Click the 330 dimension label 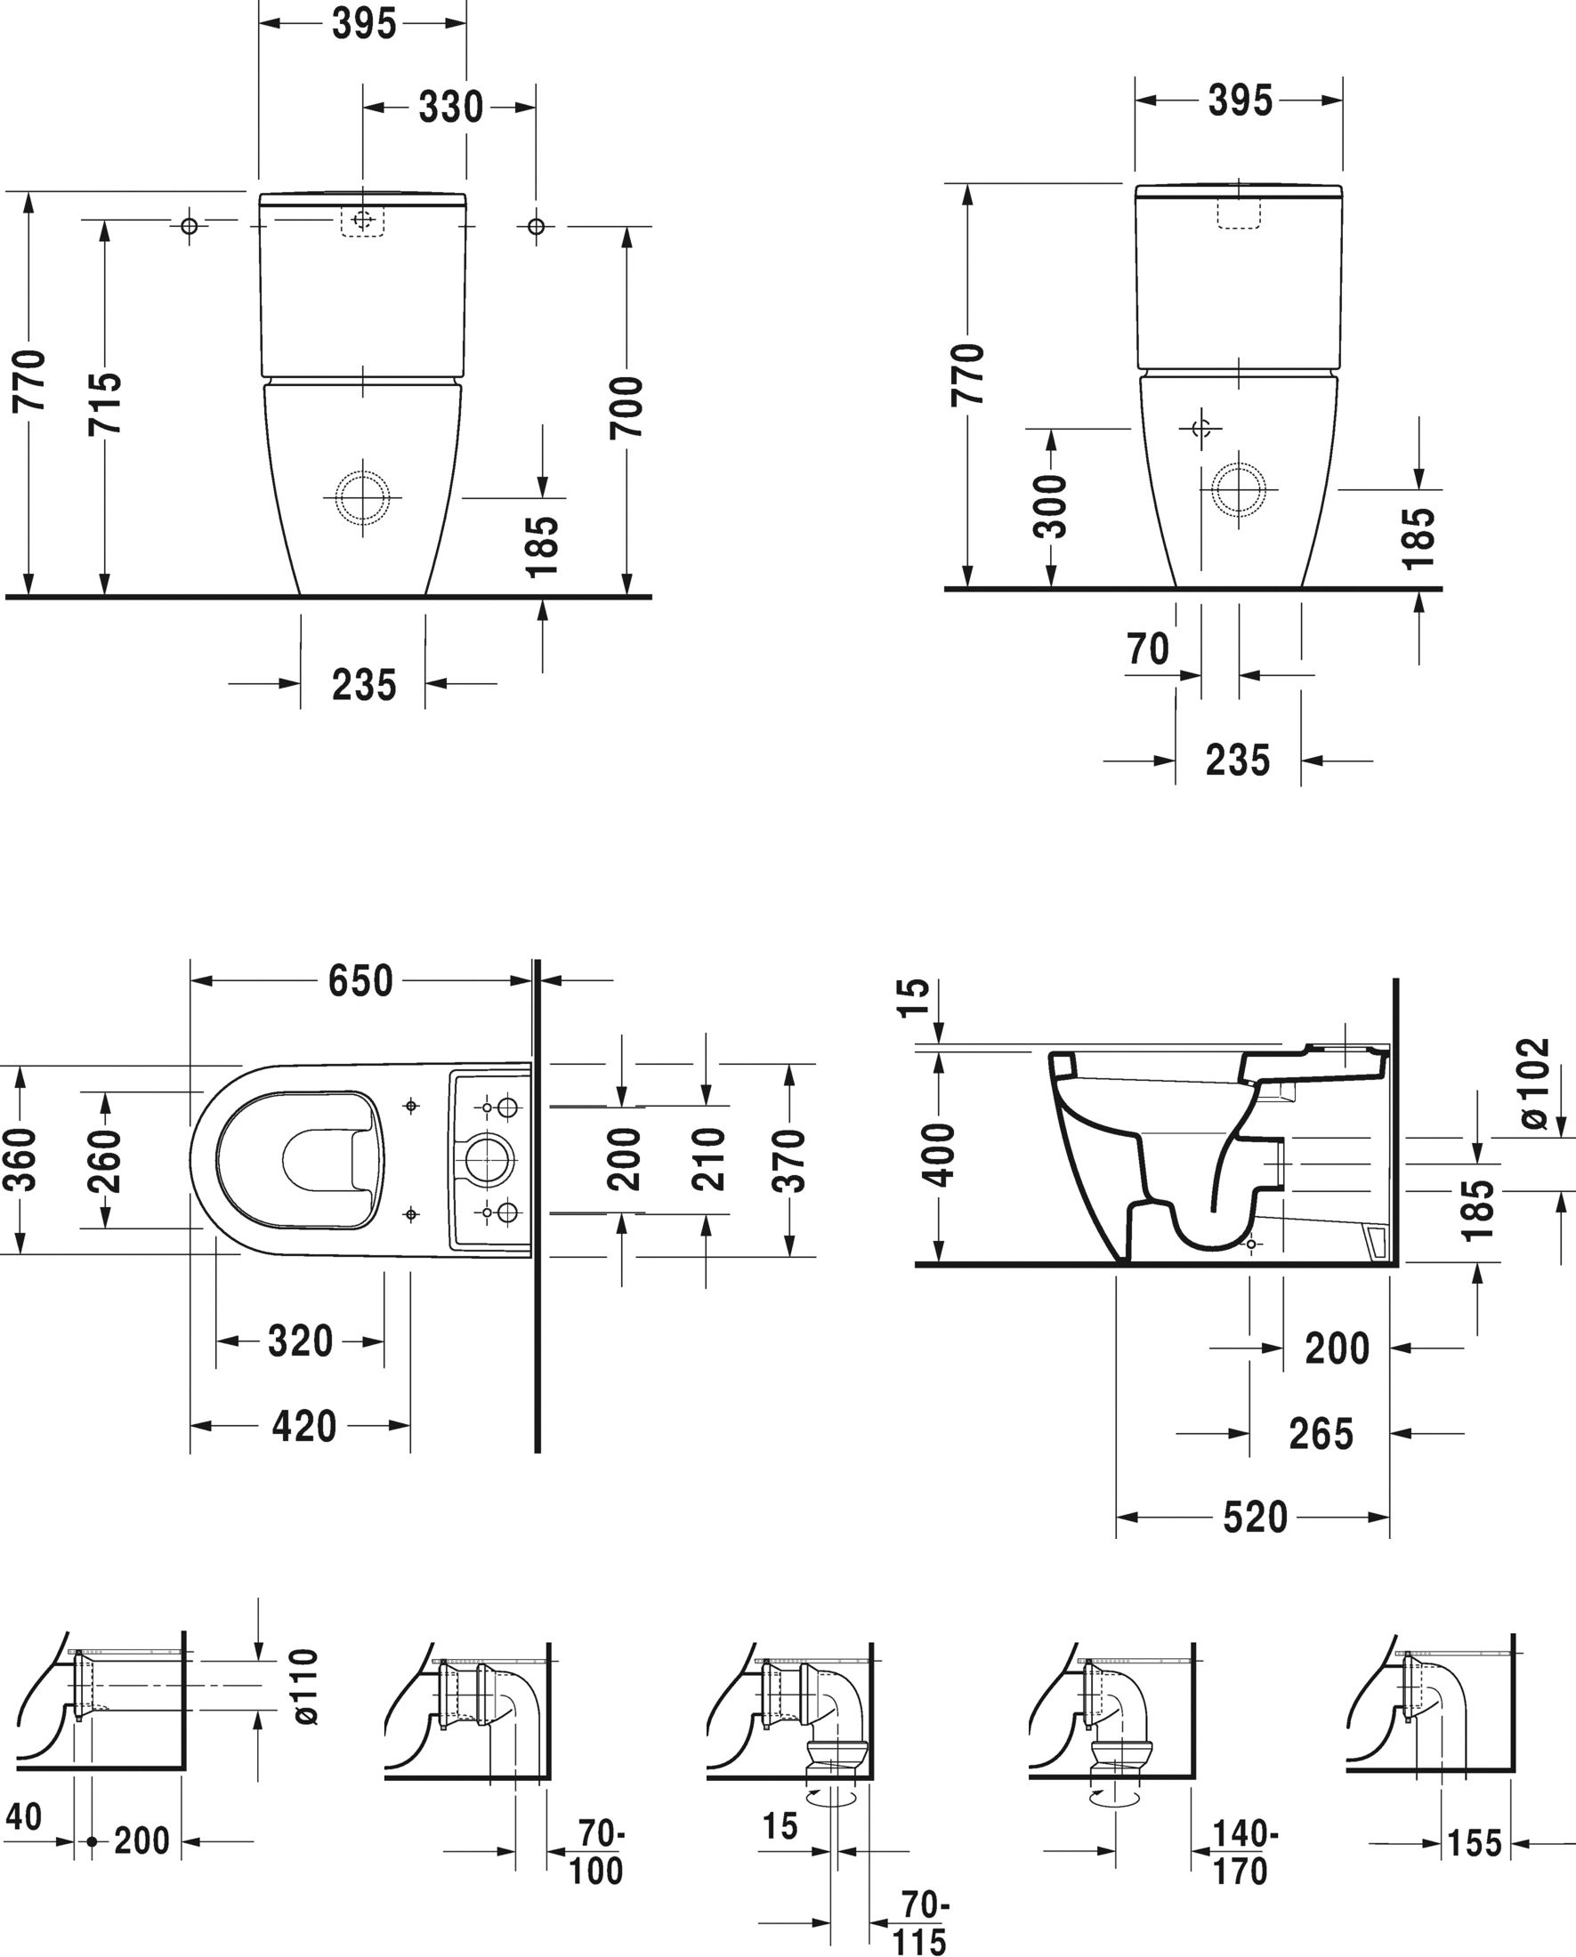tap(450, 108)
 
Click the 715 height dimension tap(105, 403)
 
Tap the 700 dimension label tap(626, 407)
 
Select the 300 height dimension tap(1050, 505)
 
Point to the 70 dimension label tap(1147, 649)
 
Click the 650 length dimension tap(360, 981)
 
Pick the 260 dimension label tap(105, 1161)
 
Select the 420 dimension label tap(304, 1426)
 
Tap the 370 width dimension tap(789, 1161)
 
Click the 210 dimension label tap(707, 1159)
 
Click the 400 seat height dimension tap(940, 1155)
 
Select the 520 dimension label tap(1255, 1517)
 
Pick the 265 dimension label tap(1321, 1433)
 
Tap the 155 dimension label tap(1475, 1842)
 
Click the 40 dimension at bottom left tap(24, 1816)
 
